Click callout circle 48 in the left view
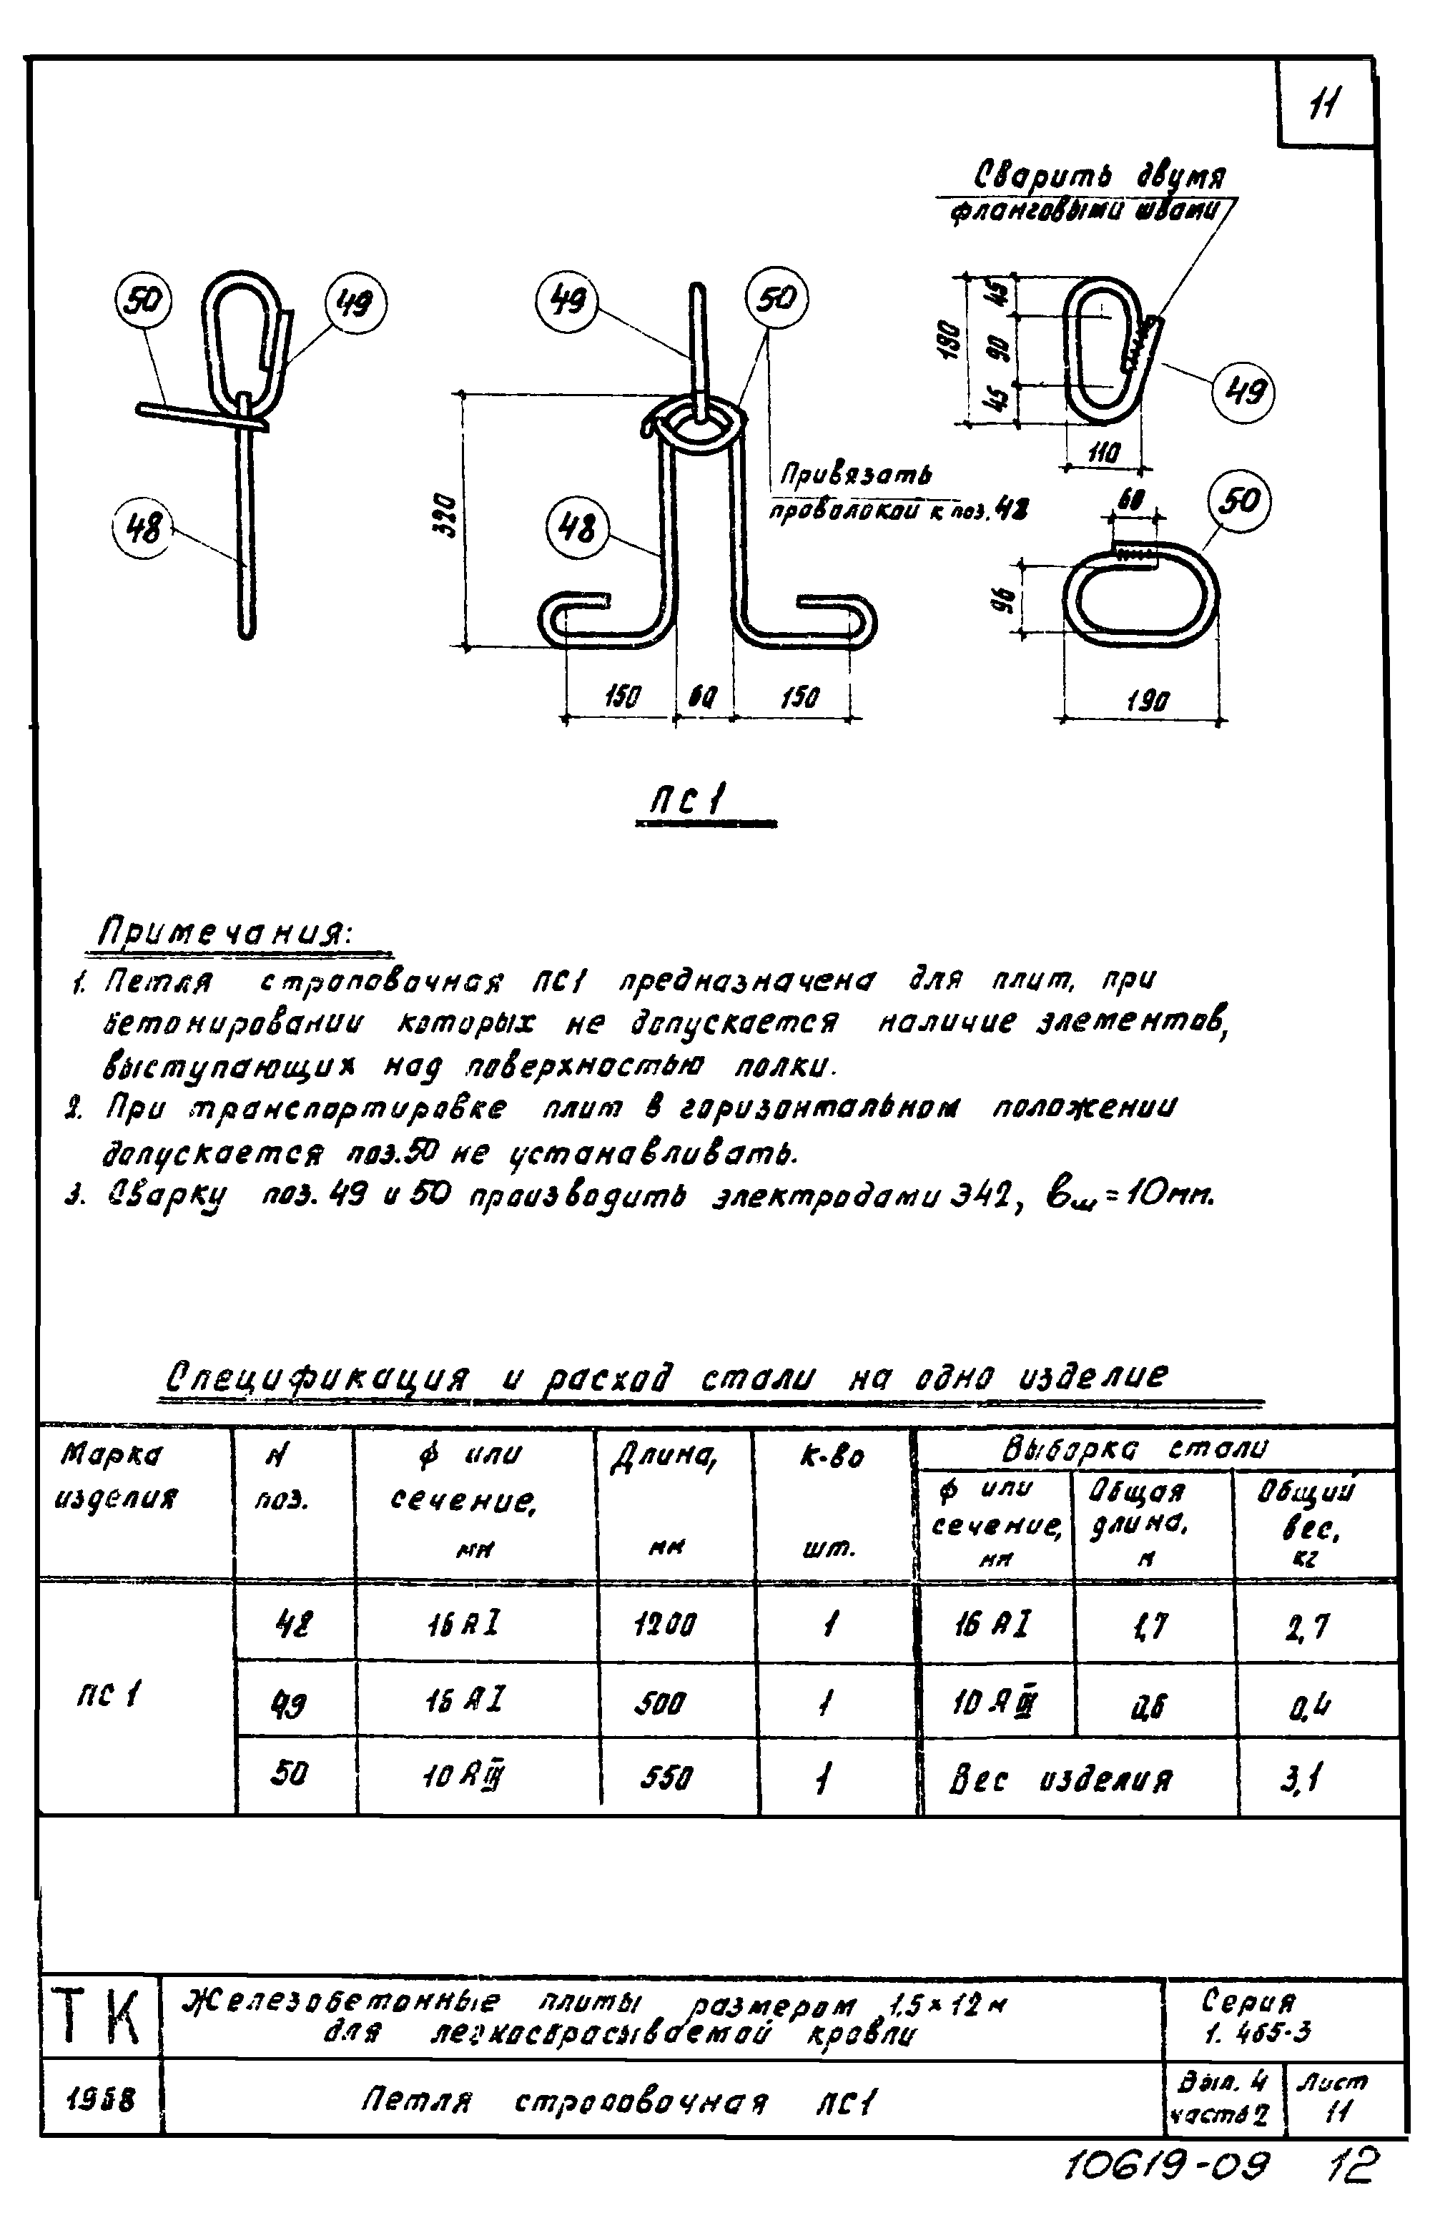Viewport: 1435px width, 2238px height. pyautogui.click(x=144, y=529)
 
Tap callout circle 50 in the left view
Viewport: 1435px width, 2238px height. pyautogui.click(x=144, y=301)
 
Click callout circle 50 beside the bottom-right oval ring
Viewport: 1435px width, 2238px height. pyautogui.click(x=1239, y=501)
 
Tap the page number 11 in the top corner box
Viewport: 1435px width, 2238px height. pyautogui.click(x=1323, y=105)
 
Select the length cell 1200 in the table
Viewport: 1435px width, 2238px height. pyautogui.click(x=664, y=1626)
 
